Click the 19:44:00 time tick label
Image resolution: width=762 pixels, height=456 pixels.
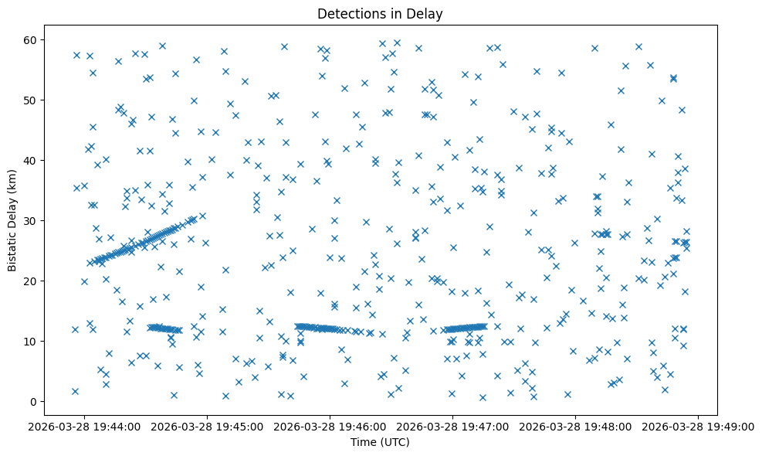[x=85, y=426]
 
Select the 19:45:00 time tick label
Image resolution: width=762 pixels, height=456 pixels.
[x=208, y=426]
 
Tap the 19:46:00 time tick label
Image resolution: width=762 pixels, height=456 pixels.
[x=330, y=426]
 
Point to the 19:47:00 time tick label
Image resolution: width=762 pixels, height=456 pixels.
[x=453, y=426]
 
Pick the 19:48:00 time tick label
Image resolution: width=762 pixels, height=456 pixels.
[x=576, y=426]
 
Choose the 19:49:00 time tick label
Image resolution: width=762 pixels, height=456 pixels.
[x=699, y=426]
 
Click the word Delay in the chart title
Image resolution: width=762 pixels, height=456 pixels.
[x=428, y=13]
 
